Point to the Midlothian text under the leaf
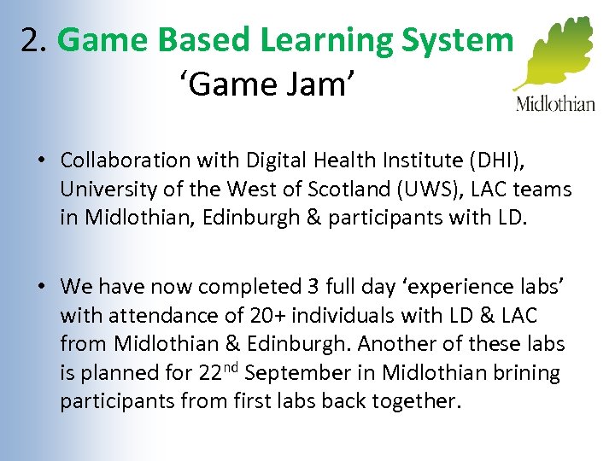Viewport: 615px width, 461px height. click(555, 104)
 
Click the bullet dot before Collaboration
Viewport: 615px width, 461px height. click(41, 160)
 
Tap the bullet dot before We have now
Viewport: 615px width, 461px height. click(41, 286)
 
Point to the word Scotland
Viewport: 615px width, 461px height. click(334, 189)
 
